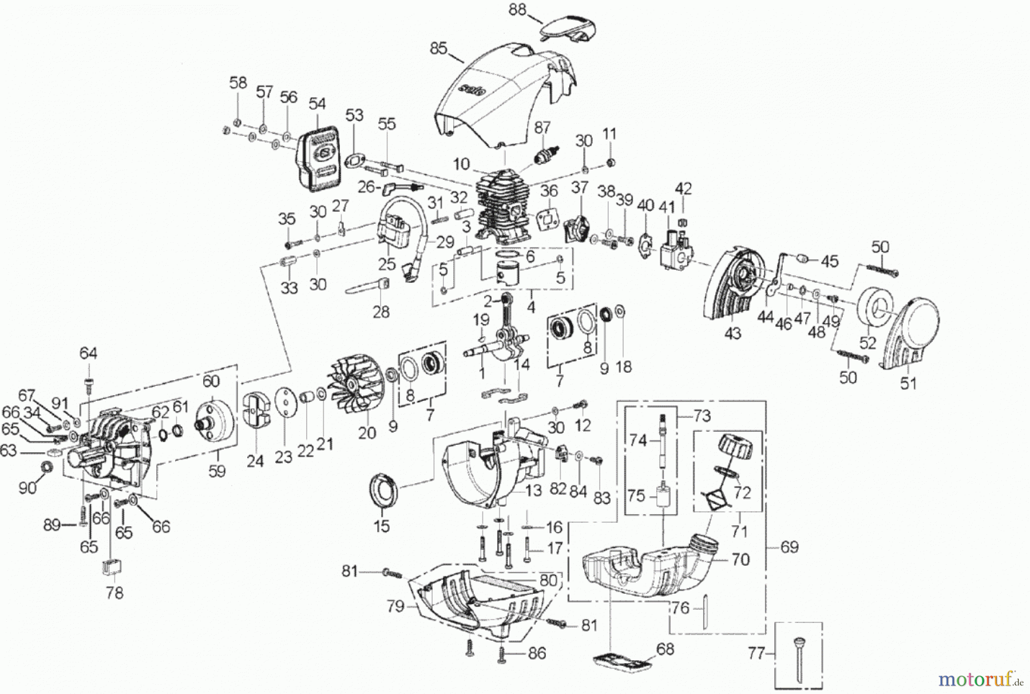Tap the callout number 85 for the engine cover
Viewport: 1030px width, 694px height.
coord(438,49)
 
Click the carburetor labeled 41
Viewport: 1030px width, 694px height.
coord(673,249)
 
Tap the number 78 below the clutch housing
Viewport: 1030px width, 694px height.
coord(114,593)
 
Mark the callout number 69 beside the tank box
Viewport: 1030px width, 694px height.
coord(789,547)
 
